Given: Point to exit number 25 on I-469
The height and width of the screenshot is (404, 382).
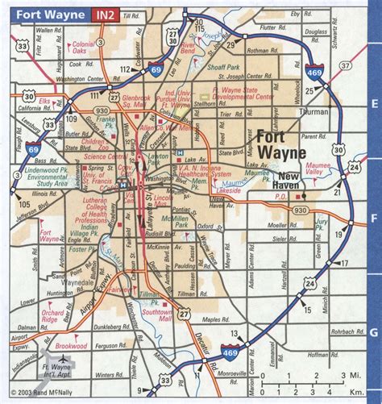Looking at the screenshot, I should pyautogui.click(x=309, y=90).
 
